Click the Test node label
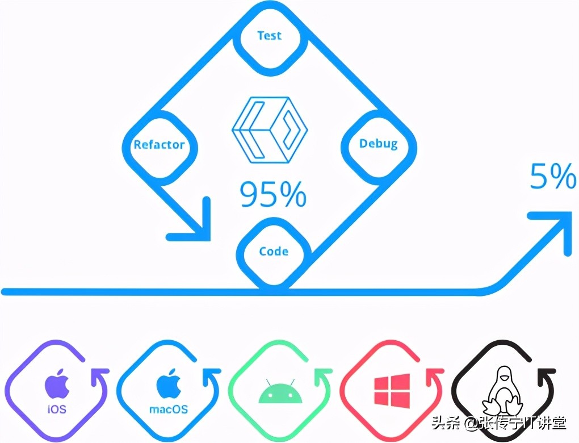pyautogui.click(x=270, y=35)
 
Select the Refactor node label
pyautogui.click(x=159, y=144)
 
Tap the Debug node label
pyautogui.click(x=379, y=144)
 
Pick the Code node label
pyautogui.click(x=274, y=251)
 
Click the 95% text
pyautogui.click(x=273, y=194)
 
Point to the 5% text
pyautogui.click(x=553, y=176)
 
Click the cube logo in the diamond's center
pyautogui.click(x=270, y=130)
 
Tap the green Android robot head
pyautogui.click(x=280, y=391)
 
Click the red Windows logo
pyautogui.click(x=392, y=391)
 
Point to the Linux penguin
pyautogui.click(x=503, y=391)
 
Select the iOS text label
pyautogui.click(x=57, y=409)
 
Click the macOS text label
pyautogui.click(x=169, y=409)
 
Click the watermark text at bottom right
pyautogui.click(x=499, y=424)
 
